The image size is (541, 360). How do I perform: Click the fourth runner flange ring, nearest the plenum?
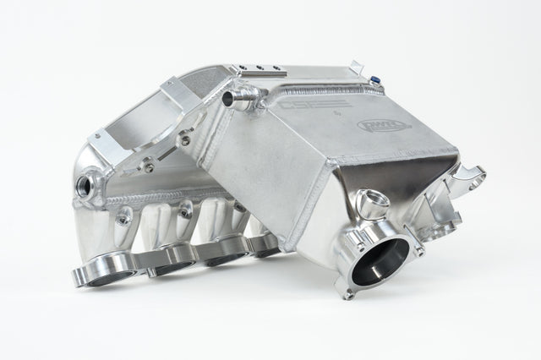point(264,246)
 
